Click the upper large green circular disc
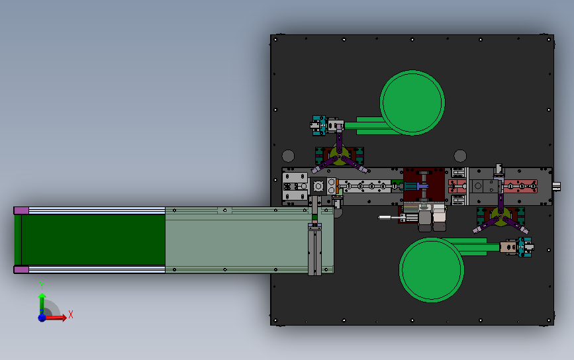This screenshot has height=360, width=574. point(411,103)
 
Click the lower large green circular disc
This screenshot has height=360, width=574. point(432,269)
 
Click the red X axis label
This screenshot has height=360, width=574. point(70,315)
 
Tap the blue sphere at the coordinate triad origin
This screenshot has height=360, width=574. point(42,318)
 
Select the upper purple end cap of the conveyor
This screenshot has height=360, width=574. point(21,210)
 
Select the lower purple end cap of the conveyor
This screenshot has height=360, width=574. point(21,269)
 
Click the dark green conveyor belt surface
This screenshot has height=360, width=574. point(93,240)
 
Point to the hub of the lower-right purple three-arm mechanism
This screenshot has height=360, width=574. point(501,216)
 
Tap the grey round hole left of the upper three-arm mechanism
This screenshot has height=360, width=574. point(288,156)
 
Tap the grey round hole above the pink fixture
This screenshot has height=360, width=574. point(459,156)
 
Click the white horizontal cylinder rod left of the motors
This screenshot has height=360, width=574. point(391,216)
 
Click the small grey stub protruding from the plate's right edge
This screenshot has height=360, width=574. point(557,187)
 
